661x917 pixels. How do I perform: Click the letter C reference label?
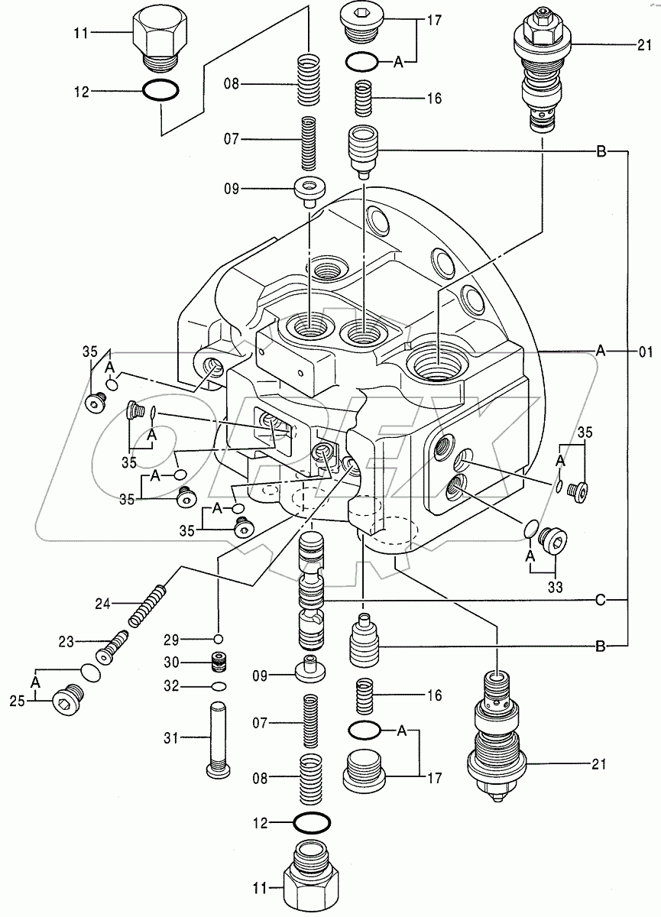(601, 601)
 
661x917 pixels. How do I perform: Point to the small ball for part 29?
(218, 639)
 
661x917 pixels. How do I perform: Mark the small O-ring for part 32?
(218, 685)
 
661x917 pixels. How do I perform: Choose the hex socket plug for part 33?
(553, 541)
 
